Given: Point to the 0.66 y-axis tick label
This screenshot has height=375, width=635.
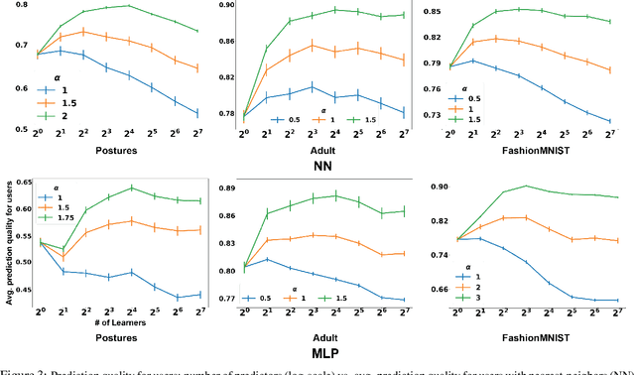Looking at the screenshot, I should tap(434, 290).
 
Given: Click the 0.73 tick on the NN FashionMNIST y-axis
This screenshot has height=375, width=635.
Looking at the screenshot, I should tap(436, 116).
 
